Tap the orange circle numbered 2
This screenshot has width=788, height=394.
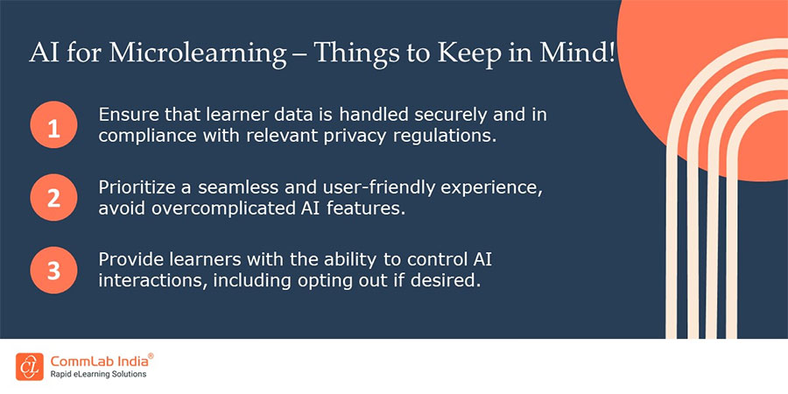point(53,197)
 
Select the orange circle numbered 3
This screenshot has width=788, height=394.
point(53,269)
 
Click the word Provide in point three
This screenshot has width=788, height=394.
point(129,259)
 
